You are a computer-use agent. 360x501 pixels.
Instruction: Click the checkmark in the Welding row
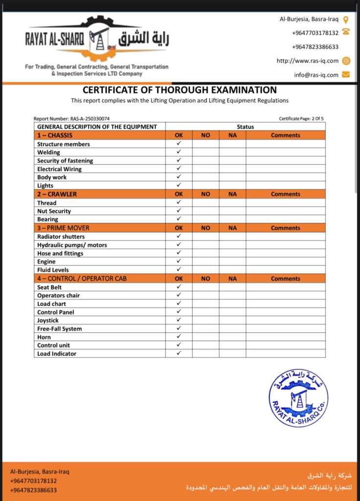[x=179, y=152]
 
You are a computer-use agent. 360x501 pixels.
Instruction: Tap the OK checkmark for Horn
[x=179, y=337]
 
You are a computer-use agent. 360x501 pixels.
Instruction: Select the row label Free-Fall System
[x=60, y=329]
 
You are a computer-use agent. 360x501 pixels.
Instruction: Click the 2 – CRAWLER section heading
[x=57, y=194]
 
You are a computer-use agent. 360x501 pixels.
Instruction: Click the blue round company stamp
[x=298, y=398]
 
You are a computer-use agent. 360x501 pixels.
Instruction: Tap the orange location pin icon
[x=346, y=20]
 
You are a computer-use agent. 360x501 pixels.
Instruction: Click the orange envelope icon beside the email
[x=346, y=75]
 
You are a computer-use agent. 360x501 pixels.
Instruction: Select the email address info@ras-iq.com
[x=316, y=75]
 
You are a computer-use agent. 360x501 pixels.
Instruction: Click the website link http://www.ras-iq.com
[x=307, y=61]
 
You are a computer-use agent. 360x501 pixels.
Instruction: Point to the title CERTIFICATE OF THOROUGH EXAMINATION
[x=180, y=90]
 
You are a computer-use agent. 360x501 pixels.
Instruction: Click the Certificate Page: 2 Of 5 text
[x=301, y=119]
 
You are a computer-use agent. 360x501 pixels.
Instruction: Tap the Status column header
[x=245, y=127]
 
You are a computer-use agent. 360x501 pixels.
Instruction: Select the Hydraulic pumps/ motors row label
[x=72, y=245]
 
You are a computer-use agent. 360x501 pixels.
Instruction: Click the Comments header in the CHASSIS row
[x=285, y=136]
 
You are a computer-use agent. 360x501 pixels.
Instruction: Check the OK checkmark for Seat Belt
[x=179, y=287]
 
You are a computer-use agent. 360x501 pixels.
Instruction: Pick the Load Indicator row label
[x=57, y=354]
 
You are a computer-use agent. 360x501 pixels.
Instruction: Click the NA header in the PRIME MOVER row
[x=232, y=228]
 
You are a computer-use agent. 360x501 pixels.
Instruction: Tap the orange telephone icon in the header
[x=346, y=32]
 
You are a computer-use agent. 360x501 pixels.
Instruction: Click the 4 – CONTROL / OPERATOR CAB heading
[x=82, y=278]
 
